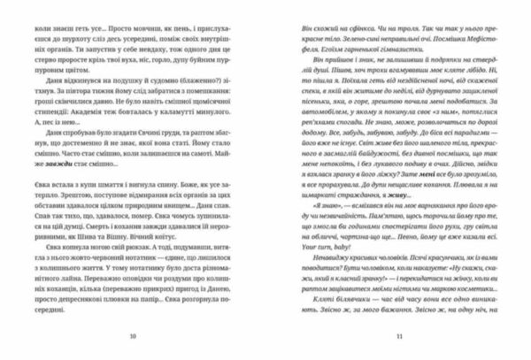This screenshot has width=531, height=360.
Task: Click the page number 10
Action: click(x=133, y=336)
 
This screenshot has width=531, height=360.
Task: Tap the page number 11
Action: click(x=399, y=336)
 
